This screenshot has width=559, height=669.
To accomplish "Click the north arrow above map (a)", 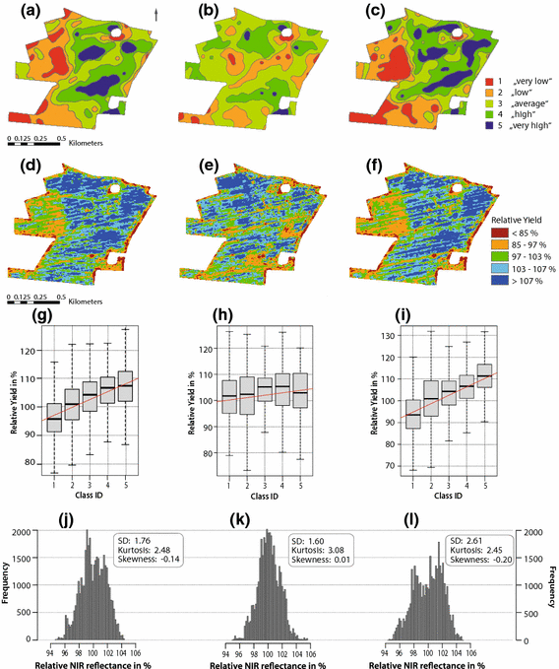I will point(156,13).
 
